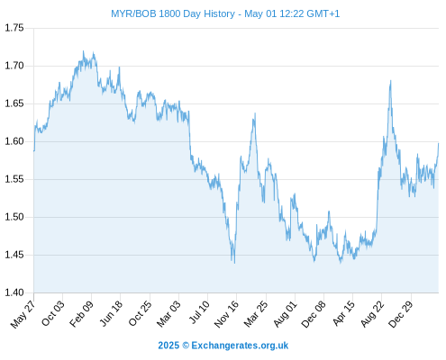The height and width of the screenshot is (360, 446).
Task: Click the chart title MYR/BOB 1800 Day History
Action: (173, 13)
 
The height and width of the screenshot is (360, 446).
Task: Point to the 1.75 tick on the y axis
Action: (14, 28)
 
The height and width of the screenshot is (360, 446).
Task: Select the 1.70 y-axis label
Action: (14, 66)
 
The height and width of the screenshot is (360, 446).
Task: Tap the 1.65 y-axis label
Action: (14, 103)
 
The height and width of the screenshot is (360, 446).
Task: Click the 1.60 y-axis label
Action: (14, 141)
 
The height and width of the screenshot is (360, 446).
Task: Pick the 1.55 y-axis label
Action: (14, 179)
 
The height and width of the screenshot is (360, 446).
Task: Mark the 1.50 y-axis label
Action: (14, 217)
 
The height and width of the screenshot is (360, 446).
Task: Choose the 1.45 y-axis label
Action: (14, 255)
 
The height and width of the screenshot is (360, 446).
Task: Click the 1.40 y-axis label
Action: (14, 292)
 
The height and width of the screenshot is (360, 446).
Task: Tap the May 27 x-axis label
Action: (23, 314)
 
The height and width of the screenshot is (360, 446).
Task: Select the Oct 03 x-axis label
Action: (53, 313)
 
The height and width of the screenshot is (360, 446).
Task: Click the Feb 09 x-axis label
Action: (81, 314)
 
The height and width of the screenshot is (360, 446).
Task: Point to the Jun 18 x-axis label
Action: (111, 313)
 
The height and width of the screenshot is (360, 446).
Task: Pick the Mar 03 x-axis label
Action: (168, 314)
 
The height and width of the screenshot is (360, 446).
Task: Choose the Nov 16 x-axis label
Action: (226, 314)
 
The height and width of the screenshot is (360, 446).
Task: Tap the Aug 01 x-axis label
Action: (286, 314)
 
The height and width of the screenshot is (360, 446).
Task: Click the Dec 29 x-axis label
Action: (401, 314)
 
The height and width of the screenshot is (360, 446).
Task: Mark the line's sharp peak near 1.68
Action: (390, 81)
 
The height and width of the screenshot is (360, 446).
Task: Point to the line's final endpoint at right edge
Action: (438, 144)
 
